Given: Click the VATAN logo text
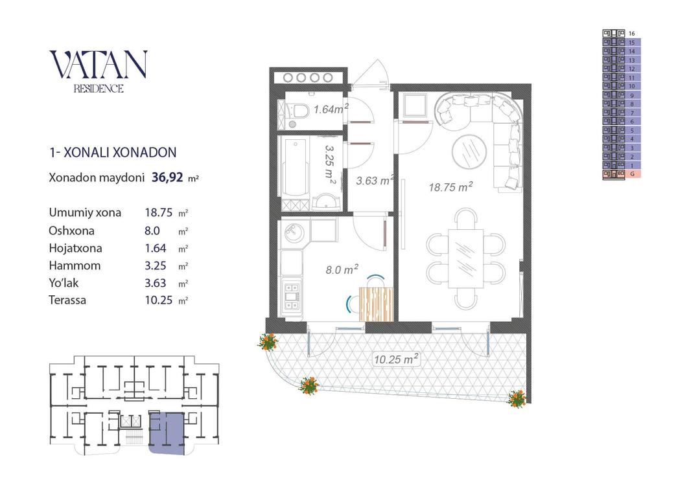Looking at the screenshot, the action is click(x=99, y=64).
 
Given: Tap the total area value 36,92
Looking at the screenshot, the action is click(x=168, y=177).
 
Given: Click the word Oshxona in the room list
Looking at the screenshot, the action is click(x=71, y=230).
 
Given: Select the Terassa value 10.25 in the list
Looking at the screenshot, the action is click(x=159, y=300).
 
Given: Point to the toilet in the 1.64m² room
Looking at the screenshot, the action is click(x=298, y=111).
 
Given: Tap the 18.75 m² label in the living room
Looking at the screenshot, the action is click(x=450, y=187).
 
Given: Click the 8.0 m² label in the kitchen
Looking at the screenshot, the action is click(x=342, y=269).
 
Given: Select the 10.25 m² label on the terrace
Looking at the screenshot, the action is click(x=396, y=359).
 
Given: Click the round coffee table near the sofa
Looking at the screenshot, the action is click(x=470, y=151).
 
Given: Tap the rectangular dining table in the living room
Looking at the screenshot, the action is click(x=466, y=259).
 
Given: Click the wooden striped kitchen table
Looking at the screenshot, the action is click(x=377, y=304).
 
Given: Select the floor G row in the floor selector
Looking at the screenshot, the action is click(x=622, y=174).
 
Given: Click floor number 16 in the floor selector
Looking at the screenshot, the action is click(x=632, y=34).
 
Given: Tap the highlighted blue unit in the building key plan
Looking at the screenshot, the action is click(x=166, y=433).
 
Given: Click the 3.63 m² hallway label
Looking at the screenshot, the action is click(x=375, y=181).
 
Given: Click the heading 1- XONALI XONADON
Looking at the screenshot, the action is click(x=113, y=153).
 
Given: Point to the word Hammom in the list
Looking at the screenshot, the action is click(x=75, y=265).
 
